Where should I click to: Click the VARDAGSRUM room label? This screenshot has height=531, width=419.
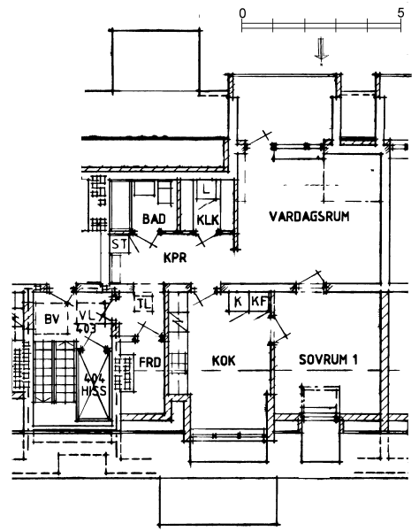click(x=309, y=216)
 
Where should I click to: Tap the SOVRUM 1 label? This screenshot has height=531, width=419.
click(x=328, y=359)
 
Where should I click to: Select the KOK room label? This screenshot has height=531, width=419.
click(x=224, y=361)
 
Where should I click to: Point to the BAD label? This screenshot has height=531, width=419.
click(x=154, y=219)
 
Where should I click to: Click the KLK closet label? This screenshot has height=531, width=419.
click(x=208, y=220)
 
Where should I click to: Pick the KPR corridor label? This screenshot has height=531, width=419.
click(x=175, y=258)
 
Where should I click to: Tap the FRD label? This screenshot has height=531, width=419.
click(x=150, y=362)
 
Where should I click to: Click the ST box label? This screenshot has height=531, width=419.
click(x=119, y=244)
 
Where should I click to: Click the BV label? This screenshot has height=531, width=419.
click(x=52, y=319)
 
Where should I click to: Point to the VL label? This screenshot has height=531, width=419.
click(x=88, y=315)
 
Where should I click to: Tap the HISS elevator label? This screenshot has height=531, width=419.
click(x=94, y=391)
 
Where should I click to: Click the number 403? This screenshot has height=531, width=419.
click(x=86, y=328)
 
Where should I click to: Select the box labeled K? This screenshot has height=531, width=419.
click(x=238, y=301)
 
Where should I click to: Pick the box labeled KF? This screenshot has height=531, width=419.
click(x=259, y=301)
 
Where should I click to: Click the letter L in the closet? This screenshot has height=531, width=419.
click(x=206, y=189)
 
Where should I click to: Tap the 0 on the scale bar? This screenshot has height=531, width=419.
click(x=242, y=13)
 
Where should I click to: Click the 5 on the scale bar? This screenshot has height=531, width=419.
click(x=400, y=13)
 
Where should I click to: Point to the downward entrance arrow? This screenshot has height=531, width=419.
click(x=321, y=51)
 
